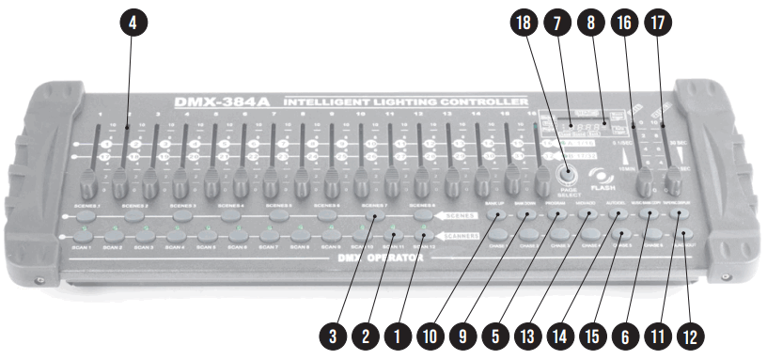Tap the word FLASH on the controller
[x=603, y=187]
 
